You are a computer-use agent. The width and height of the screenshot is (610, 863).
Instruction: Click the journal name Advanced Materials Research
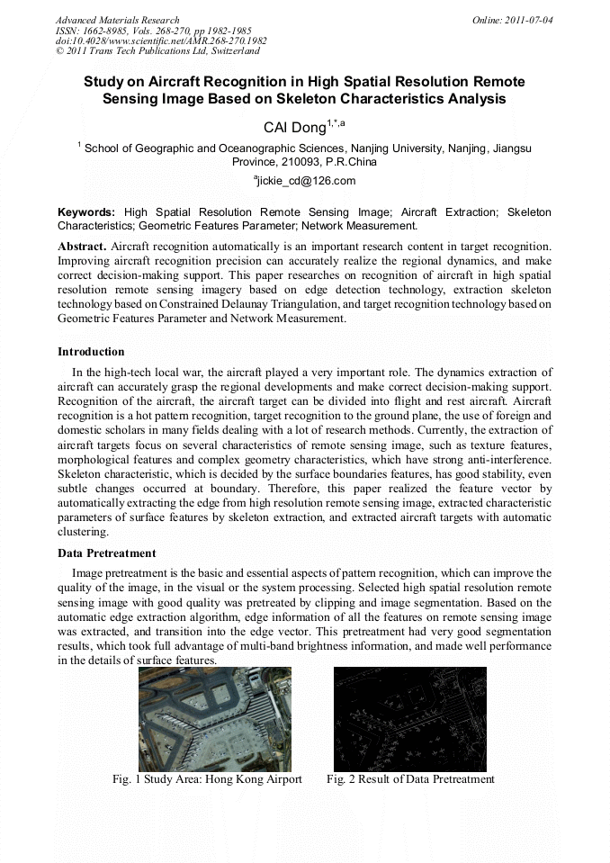click(x=117, y=20)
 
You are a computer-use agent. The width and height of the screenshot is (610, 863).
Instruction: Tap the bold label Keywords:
click(x=86, y=211)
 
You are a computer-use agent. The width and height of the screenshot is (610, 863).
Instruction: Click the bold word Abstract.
click(x=81, y=246)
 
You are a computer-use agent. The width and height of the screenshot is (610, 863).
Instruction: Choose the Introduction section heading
click(x=91, y=351)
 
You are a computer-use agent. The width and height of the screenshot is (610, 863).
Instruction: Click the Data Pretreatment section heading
click(x=106, y=553)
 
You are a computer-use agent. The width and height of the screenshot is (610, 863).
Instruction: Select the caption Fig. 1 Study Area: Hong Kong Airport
click(x=206, y=779)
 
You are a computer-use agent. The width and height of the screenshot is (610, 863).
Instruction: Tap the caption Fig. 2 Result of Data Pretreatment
click(x=410, y=779)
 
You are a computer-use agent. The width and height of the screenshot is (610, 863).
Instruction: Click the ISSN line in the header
click(x=153, y=31)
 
